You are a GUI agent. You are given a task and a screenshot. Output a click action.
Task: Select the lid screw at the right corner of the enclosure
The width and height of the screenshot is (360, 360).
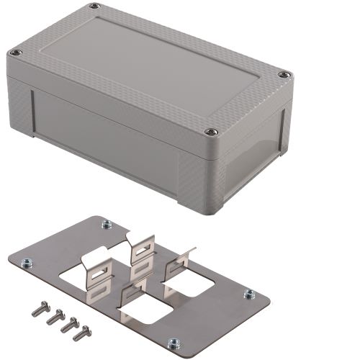coord(284,74)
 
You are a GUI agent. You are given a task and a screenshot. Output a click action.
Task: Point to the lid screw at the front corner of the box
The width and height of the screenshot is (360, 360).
coord(211,131)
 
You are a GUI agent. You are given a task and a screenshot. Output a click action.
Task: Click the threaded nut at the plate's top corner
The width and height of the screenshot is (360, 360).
coord(107,224)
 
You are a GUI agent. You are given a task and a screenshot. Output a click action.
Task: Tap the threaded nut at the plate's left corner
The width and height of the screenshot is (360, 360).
coord(27,262)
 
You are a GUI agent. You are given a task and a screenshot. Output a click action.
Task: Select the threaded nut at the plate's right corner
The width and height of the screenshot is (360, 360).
coord(249,294)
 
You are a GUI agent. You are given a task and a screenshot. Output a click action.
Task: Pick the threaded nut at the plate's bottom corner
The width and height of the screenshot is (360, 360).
coord(174,343)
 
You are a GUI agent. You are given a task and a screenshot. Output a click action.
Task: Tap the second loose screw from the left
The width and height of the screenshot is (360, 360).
coord(53,317)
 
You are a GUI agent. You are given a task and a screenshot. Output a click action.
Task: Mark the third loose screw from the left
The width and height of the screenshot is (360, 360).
coord(68,325)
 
